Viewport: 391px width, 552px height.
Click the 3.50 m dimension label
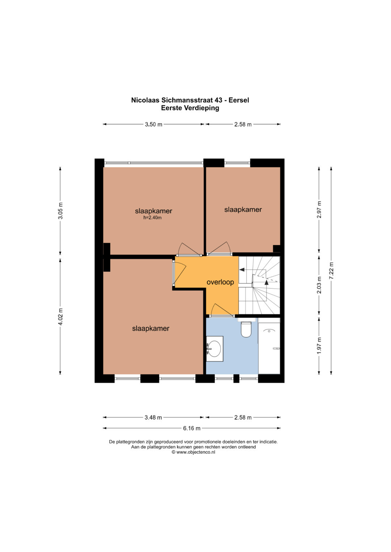point(154,124)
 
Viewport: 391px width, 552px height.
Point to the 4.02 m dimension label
point(60,317)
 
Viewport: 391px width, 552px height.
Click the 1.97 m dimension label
point(319,346)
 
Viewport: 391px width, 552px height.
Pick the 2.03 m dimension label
point(319,285)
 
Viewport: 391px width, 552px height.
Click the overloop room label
point(220,282)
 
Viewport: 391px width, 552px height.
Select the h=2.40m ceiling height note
point(152,218)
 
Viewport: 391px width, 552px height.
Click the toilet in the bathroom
point(246,329)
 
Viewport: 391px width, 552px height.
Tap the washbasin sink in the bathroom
point(214,349)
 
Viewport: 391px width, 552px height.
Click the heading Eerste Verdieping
point(190,108)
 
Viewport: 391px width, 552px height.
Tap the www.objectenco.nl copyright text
point(194,452)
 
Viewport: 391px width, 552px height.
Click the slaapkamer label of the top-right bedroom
point(243,210)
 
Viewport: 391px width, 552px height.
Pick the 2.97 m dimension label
point(319,210)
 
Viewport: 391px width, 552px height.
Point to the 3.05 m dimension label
point(60,211)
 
